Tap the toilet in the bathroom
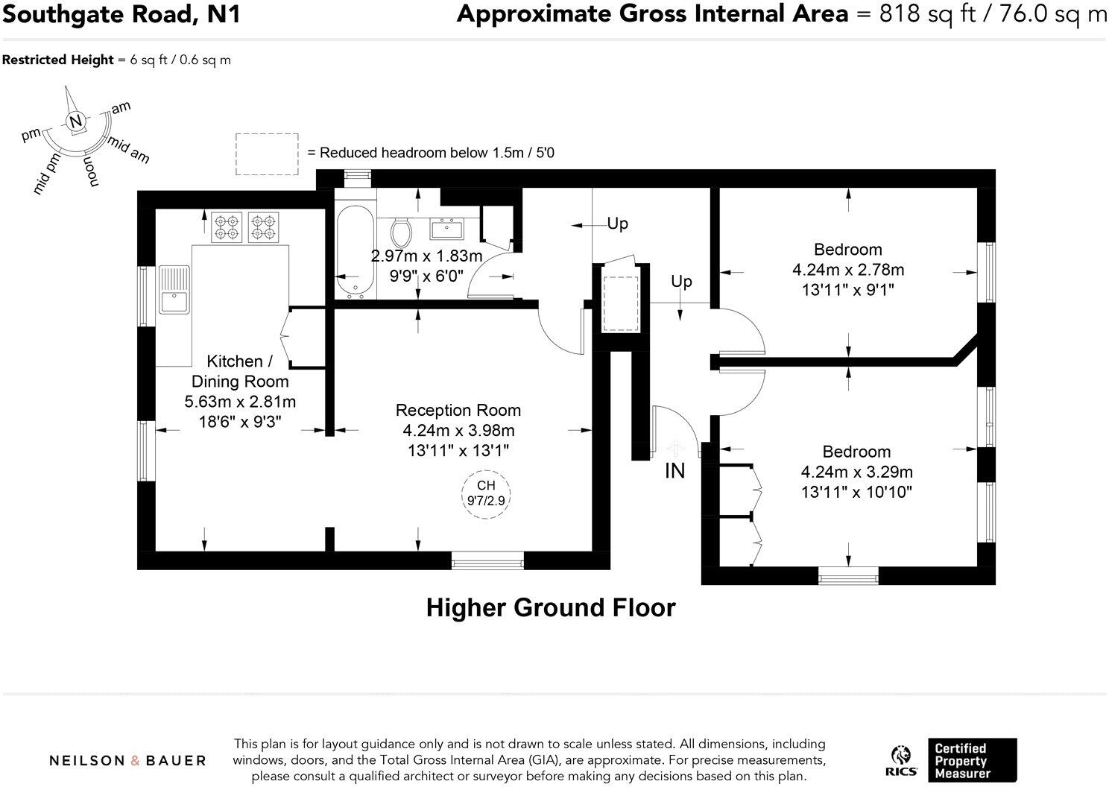coord(402,233)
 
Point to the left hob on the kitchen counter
coord(227,227)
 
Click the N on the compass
coord(75,121)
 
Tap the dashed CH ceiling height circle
coord(486,494)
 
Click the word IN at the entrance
coord(674,471)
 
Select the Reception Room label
coord(458,410)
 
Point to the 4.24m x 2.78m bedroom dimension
coord(847,270)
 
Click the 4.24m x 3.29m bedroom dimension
coord(856,472)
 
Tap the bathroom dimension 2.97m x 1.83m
coord(426,256)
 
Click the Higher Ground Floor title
coord(550,608)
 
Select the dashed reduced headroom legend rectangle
coord(267,154)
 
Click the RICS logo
coord(902,761)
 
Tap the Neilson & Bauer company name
coord(127,761)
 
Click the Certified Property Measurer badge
coord(971,760)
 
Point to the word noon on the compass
coord(89,171)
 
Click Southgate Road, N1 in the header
coord(121,14)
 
